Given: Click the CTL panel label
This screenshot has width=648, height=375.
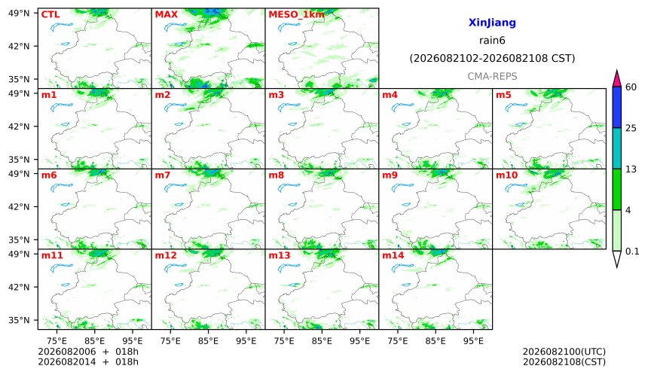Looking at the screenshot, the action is [x=50, y=14].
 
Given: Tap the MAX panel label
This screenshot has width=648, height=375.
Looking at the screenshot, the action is [x=166, y=14].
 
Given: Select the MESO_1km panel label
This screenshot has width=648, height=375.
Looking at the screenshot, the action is [x=296, y=14].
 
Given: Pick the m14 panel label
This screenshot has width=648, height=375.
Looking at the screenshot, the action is [x=393, y=255].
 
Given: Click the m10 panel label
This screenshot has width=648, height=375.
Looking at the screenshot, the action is [x=506, y=175].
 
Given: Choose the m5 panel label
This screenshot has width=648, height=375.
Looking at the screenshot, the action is [x=503, y=95].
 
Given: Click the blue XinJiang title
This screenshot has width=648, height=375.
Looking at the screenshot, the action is [x=492, y=23].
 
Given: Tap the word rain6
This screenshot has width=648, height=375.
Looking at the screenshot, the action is [x=492, y=41].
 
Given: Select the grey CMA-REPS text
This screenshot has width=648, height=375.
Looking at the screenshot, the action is [x=492, y=76].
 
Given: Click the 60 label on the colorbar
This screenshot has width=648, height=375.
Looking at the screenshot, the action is [x=631, y=87].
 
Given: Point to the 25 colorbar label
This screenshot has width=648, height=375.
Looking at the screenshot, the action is [x=631, y=128].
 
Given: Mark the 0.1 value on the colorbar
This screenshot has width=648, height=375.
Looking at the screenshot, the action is [x=632, y=251].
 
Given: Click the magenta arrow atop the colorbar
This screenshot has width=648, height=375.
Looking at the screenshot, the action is [x=616, y=78].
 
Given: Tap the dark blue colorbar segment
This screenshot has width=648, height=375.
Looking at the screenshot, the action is [x=616, y=108].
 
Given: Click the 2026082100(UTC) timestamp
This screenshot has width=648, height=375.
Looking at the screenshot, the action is [x=564, y=352].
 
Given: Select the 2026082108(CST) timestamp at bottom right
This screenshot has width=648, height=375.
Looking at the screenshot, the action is [x=564, y=362].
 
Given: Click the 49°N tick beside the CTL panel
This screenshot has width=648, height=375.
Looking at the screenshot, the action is [x=19, y=14].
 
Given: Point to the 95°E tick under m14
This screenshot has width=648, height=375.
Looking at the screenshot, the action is [x=473, y=341].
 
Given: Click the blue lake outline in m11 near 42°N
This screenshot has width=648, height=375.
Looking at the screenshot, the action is [x=65, y=285].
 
